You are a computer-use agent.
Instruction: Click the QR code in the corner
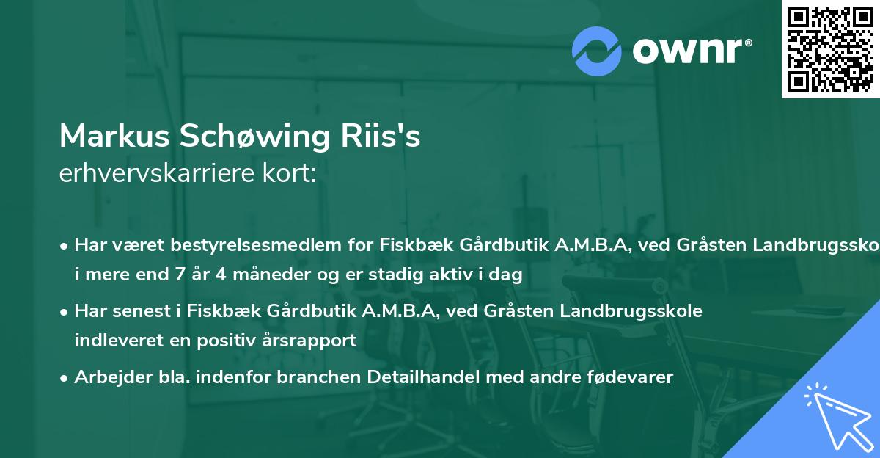830,48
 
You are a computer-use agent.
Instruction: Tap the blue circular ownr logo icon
596,51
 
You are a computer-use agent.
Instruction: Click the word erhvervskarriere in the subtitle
156,174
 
